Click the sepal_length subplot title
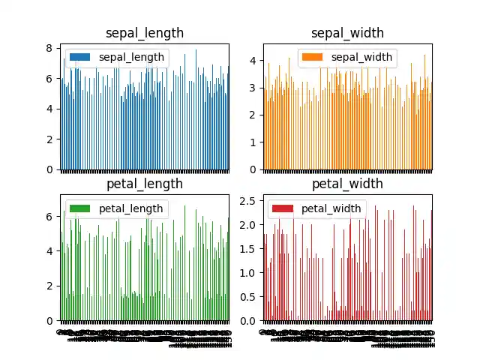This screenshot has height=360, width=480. [145, 33]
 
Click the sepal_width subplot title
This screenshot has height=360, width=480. [347, 33]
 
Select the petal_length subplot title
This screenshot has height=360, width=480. [145, 184]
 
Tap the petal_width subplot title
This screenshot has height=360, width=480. [347, 184]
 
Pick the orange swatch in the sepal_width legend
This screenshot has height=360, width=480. [311, 57]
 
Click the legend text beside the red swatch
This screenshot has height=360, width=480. [331, 208]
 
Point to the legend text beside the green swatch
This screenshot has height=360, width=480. [131, 208]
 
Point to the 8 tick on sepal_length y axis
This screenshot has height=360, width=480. [49, 48]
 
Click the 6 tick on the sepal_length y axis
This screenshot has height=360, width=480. [49, 78]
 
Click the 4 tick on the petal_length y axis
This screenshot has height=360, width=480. [49, 251]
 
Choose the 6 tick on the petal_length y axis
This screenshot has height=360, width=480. [49, 216]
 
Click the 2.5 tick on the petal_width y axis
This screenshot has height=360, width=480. [247, 200]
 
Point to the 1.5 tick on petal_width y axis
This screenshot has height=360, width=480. [247, 248]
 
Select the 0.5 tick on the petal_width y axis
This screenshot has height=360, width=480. [247, 296]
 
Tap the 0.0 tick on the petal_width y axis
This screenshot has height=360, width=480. [247, 320]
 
